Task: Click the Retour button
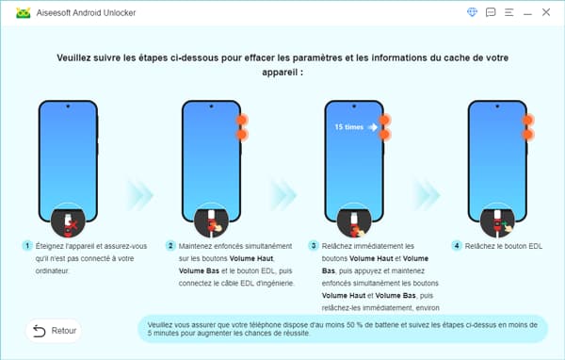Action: point(53,331)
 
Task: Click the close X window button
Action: point(545,12)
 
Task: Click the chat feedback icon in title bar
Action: point(490,12)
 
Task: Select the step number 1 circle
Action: point(29,245)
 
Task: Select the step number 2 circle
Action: point(170,245)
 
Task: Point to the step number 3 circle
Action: point(313,245)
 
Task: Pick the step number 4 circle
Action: point(456,245)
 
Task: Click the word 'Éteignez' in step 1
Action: point(56,245)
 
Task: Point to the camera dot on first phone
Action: point(73,107)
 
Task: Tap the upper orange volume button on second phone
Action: point(243,121)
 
